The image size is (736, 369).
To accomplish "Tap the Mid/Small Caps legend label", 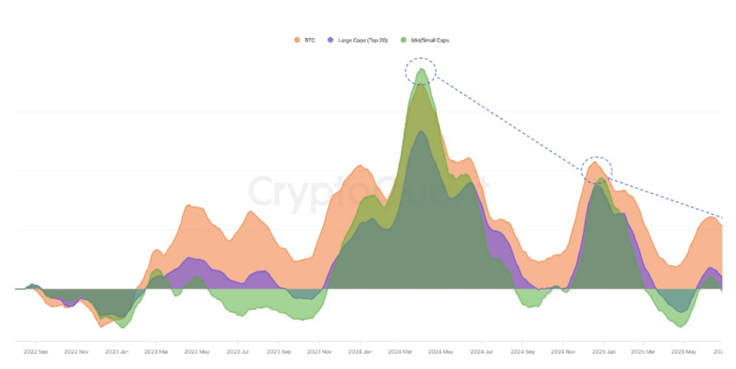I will coord(429,39).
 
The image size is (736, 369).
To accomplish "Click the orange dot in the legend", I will coord(296,39).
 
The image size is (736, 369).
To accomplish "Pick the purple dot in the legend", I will coord(330,39).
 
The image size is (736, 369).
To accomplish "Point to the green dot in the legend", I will coord(404,39).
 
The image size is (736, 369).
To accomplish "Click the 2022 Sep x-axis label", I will coord(36,352).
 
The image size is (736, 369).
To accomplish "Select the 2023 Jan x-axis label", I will coord(116,352).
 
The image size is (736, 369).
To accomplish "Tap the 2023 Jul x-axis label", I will coord(238,352).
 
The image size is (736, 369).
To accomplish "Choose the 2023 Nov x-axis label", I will coord(318,352).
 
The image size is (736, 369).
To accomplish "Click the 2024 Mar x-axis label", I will coord(401,352).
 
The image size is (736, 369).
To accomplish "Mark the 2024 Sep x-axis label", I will coord(523,352).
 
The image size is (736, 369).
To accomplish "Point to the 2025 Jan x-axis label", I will coord(604,352).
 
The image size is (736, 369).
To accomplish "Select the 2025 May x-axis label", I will coord(684,352).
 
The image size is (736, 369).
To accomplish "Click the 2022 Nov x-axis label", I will coord(76,352).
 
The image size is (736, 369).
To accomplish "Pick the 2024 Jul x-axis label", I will coord(482,352).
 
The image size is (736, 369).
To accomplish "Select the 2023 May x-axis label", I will coord(197,352).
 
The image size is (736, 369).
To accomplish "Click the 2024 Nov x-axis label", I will coord(563,352).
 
